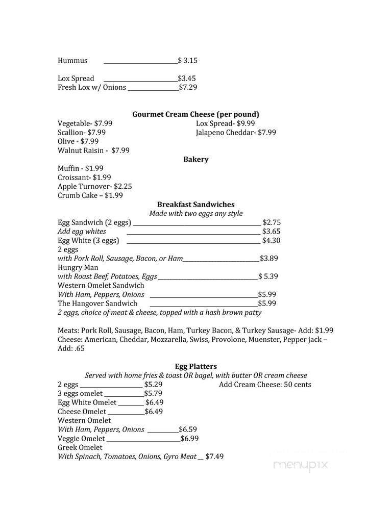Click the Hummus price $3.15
tap(187, 61)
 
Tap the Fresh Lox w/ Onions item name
tap(92, 88)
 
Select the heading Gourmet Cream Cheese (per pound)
tap(195, 114)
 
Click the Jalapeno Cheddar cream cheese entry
tap(235, 133)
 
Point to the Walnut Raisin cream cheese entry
tap(93, 150)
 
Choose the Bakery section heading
tap(195, 160)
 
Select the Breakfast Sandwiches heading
tap(195, 205)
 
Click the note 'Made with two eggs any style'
tap(195, 214)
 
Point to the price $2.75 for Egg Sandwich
tap(272, 222)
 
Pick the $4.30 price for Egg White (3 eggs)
tap(272, 241)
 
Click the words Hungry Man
tap(78, 267)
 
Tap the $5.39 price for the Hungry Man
tap(268, 276)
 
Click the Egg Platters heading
tap(195, 366)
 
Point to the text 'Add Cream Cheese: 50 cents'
tap(265, 385)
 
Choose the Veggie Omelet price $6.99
tap(189, 439)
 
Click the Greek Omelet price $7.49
tap(214, 457)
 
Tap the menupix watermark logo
tap(300, 465)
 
